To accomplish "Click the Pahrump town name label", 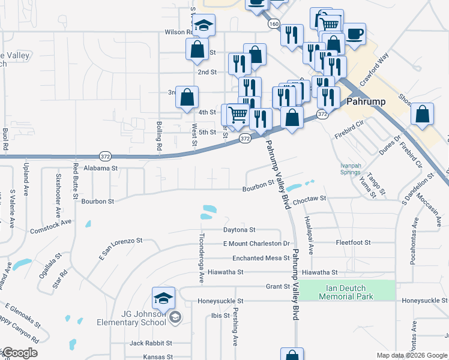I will click(366, 101).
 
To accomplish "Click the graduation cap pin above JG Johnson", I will click(164, 298).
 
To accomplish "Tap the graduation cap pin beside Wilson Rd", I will click(204, 25).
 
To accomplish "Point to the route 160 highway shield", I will click(274, 23).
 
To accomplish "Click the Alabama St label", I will click(100, 169).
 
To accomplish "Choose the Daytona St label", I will click(240, 230).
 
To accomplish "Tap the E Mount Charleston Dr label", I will click(256, 244).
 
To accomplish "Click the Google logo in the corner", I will click(19, 353).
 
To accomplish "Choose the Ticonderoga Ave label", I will click(202, 258).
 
